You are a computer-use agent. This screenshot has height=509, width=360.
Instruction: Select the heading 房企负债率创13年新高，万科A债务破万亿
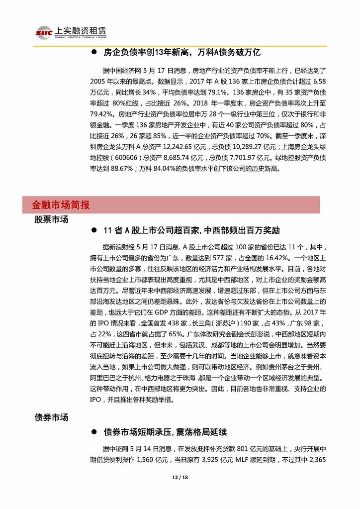tap(182, 52)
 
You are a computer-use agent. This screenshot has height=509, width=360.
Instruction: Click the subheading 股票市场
tap(51, 219)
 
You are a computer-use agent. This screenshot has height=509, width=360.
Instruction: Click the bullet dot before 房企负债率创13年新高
tap(93, 52)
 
